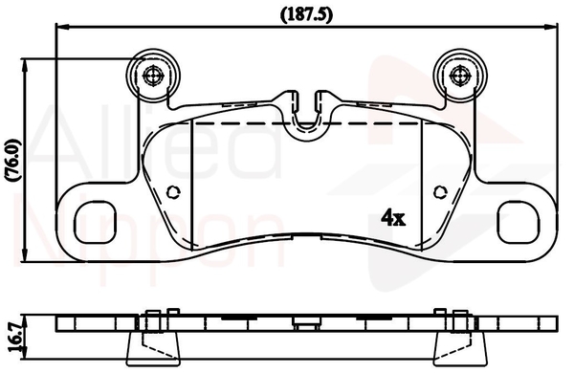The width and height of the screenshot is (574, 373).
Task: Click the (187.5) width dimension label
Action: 307,14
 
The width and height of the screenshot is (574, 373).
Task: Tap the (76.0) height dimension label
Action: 13,160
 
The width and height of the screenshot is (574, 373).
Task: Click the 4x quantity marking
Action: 393,217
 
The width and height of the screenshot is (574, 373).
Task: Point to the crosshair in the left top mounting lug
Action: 153,76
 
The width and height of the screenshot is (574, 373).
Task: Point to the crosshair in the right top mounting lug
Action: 460,76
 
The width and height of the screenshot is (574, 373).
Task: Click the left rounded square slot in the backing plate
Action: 95,222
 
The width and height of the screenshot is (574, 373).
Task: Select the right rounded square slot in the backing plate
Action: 519,222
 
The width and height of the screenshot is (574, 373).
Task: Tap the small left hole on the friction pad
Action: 173,192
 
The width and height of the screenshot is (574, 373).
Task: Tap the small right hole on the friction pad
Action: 440,192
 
